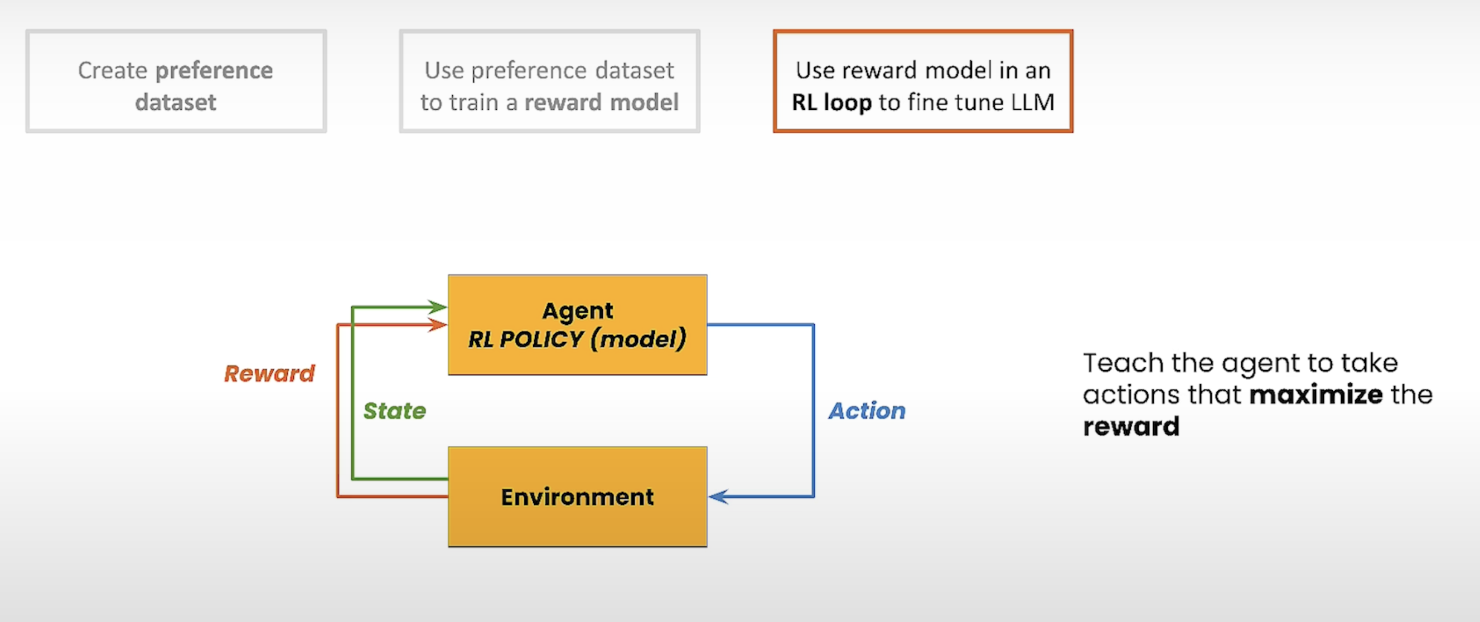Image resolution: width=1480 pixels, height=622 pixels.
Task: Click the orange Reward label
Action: coord(269,374)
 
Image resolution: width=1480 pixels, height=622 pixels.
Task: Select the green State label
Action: coord(395,411)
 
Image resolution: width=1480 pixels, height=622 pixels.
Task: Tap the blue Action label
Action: coord(867,411)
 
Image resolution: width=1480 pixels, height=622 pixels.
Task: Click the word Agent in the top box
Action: coord(577,310)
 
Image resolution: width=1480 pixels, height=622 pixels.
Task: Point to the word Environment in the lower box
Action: coord(577,497)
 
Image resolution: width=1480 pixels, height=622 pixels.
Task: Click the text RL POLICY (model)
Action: coord(577,339)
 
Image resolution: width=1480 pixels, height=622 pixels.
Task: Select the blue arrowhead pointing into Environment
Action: coord(718,496)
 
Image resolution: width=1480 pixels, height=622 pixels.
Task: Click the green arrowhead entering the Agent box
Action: coord(437,307)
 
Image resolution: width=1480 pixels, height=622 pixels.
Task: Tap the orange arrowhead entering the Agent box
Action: coord(437,325)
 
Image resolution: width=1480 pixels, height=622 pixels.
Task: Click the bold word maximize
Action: coord(1315,395)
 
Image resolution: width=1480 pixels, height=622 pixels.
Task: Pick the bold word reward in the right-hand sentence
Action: coord(1131,427)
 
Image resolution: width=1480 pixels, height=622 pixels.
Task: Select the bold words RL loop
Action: coord(831,103)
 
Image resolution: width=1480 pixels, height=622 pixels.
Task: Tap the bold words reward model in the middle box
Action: coord(602,102)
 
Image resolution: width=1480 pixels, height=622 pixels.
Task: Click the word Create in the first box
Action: coord(113,71)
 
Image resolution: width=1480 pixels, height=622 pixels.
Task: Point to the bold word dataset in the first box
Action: coord(176,102)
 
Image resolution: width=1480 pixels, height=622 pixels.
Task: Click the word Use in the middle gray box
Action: coord(444,71)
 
